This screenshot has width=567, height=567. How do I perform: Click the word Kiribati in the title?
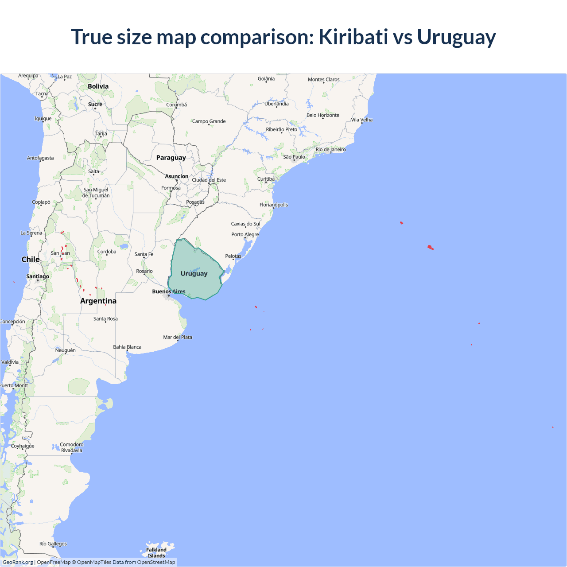(353, 37)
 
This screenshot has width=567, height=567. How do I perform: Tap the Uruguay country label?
(194, 273)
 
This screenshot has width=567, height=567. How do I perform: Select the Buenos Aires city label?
(168, 291)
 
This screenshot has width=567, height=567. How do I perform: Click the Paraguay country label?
(171, 158)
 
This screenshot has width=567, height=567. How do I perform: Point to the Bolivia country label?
(98, 86)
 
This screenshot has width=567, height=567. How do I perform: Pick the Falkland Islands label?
(156, 552)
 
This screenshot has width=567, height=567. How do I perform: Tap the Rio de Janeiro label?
(330, 149)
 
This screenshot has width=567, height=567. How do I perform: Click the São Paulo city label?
(294, 157)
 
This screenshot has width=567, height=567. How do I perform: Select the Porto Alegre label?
(245, 234)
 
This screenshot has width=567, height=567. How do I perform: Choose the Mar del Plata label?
(178, 337)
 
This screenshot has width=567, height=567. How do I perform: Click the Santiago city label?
(38, 276)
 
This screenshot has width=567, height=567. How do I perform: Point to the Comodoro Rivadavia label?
(71, 447)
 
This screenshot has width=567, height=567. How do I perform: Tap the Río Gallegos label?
(53, 544)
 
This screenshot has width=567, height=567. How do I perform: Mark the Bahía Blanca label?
(127, 347)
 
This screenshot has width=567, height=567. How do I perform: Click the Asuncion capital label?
(176, 176)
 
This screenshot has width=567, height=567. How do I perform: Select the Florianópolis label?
(273, 205)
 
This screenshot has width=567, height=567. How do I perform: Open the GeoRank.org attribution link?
(18, 562)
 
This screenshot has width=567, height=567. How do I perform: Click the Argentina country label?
(98, 301)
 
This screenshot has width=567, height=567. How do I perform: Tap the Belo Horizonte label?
(322, 115)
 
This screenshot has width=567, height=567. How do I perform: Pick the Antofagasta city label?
(40, 158)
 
